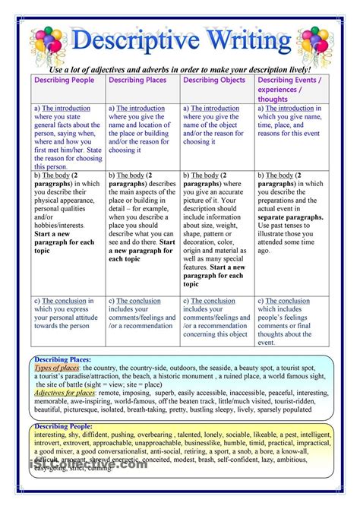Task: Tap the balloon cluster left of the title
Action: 48,43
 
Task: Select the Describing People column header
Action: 67,80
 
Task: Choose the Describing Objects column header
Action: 216,80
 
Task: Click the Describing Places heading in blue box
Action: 63,359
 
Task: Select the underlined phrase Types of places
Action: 58,368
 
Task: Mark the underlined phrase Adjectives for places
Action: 65,393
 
